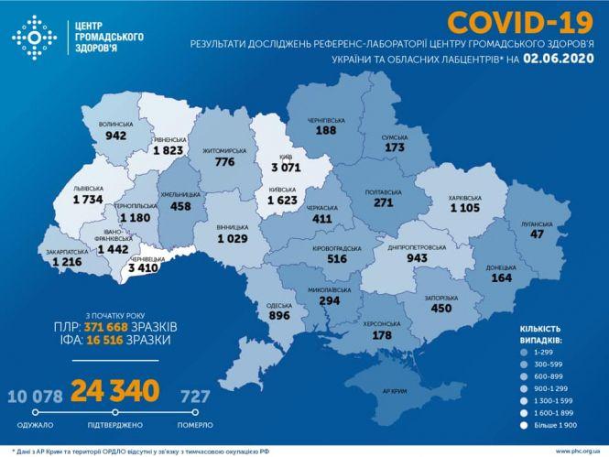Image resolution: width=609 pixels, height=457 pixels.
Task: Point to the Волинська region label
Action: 115,123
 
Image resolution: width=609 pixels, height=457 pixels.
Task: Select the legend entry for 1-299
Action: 551,351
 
